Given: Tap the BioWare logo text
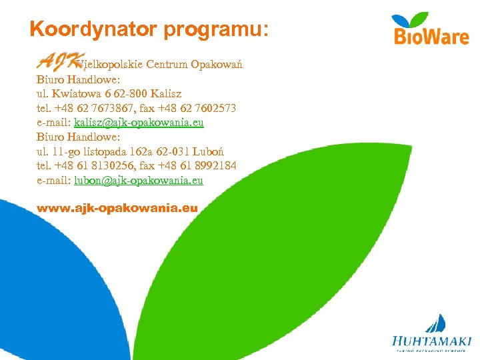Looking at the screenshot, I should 431,36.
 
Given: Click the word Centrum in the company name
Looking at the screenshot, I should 167,65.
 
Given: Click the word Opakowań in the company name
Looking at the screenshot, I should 216,65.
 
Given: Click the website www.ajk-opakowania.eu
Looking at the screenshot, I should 117,208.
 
